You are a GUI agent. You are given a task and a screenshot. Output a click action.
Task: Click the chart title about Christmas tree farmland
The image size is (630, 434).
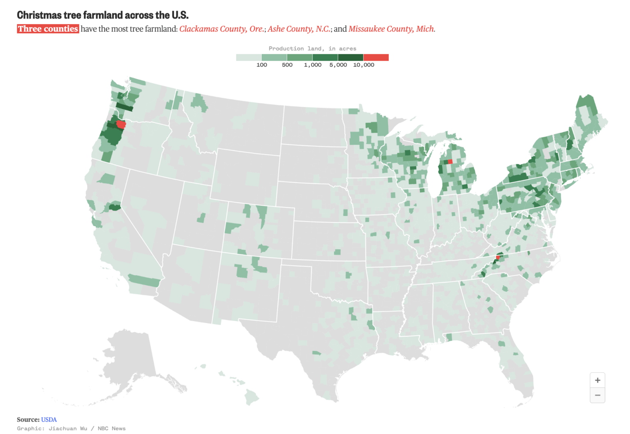(x=103, y=15)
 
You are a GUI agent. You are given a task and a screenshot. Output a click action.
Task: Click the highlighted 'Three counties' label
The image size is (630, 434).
(x=48, y=29)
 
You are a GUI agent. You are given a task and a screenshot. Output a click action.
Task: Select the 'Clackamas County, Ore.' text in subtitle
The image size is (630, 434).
(x=221, y=29)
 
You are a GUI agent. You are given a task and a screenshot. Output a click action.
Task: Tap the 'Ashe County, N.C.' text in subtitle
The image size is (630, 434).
(x=299, y=29)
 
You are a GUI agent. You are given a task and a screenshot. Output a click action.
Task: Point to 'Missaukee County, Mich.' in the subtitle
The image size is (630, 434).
(x=391, y=29)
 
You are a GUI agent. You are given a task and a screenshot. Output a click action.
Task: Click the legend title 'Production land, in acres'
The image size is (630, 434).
(x=312, y=48)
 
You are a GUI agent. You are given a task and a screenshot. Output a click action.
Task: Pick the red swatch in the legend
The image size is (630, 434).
(x=376, y=57)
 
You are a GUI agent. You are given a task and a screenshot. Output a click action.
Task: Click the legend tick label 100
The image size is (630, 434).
(x=262, y=65)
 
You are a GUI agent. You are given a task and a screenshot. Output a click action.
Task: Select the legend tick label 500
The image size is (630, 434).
(x=287, y=65)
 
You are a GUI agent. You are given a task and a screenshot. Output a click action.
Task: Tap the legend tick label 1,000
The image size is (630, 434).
(x=313, y=65)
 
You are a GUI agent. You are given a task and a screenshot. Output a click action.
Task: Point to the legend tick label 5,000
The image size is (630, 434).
(x=338, y=65)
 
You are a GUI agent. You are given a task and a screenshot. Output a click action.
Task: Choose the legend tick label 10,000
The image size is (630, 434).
(x=363, y=65)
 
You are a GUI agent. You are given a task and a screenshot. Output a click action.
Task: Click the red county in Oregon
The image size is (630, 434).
(x=121, y=124)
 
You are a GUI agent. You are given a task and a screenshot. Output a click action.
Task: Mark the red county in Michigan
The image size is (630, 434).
(x=450, y=162)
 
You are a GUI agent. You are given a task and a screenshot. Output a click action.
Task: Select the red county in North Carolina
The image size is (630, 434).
(x=498, y=257)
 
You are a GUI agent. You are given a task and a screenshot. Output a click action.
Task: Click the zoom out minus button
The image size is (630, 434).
(x=597, y=395)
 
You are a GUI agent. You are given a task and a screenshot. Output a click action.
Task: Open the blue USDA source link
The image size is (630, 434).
(x=49, y=420)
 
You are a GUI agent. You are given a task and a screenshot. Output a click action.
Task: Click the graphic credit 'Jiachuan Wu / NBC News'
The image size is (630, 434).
(x=87, y=428)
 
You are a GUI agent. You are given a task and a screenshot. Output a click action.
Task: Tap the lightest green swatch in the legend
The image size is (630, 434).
(x=249, y=57)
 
